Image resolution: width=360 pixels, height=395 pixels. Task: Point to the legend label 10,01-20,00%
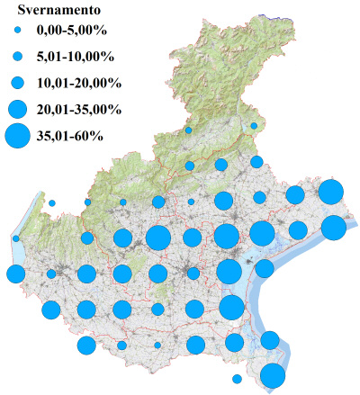pos(78,83)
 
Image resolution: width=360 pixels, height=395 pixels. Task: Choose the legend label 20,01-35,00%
pos(78,110)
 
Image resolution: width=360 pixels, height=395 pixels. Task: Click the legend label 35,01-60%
pos(70,137)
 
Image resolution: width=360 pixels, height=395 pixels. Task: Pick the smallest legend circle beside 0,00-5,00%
pos(17,31)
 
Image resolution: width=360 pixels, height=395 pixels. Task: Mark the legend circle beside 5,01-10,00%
pos(17,57)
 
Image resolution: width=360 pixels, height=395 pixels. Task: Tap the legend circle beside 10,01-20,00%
pos(17,83)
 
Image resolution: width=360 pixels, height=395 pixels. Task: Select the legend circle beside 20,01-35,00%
pos(17,110)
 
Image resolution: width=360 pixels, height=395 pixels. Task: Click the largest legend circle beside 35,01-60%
pos(17,137)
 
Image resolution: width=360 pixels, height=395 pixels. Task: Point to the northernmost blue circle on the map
pos(254,126)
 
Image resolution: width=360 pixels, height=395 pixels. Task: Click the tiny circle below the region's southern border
pos(237,379)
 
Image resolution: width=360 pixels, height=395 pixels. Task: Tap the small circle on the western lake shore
pos(16,238)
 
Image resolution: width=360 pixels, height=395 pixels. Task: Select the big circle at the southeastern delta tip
pos(273,375)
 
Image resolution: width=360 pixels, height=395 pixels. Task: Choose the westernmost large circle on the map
pos(15,274)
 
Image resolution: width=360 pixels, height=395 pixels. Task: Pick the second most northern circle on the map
pos(188,130)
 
